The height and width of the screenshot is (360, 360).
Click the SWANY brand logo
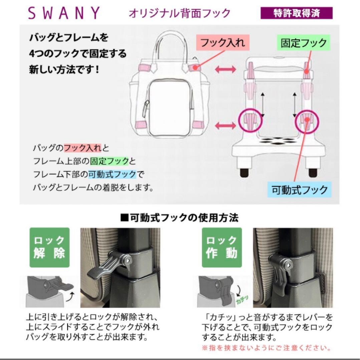[63, 13]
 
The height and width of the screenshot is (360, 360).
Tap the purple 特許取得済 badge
[296, 13]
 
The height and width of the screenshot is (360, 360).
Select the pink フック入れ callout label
[223, 43]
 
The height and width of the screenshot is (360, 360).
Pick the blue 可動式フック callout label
[300, 190]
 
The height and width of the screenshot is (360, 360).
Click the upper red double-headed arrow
[226, 69]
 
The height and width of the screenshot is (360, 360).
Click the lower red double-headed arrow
[226, 125]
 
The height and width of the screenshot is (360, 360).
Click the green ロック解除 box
[50, 247]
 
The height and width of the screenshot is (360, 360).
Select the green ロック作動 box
[222, 247]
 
